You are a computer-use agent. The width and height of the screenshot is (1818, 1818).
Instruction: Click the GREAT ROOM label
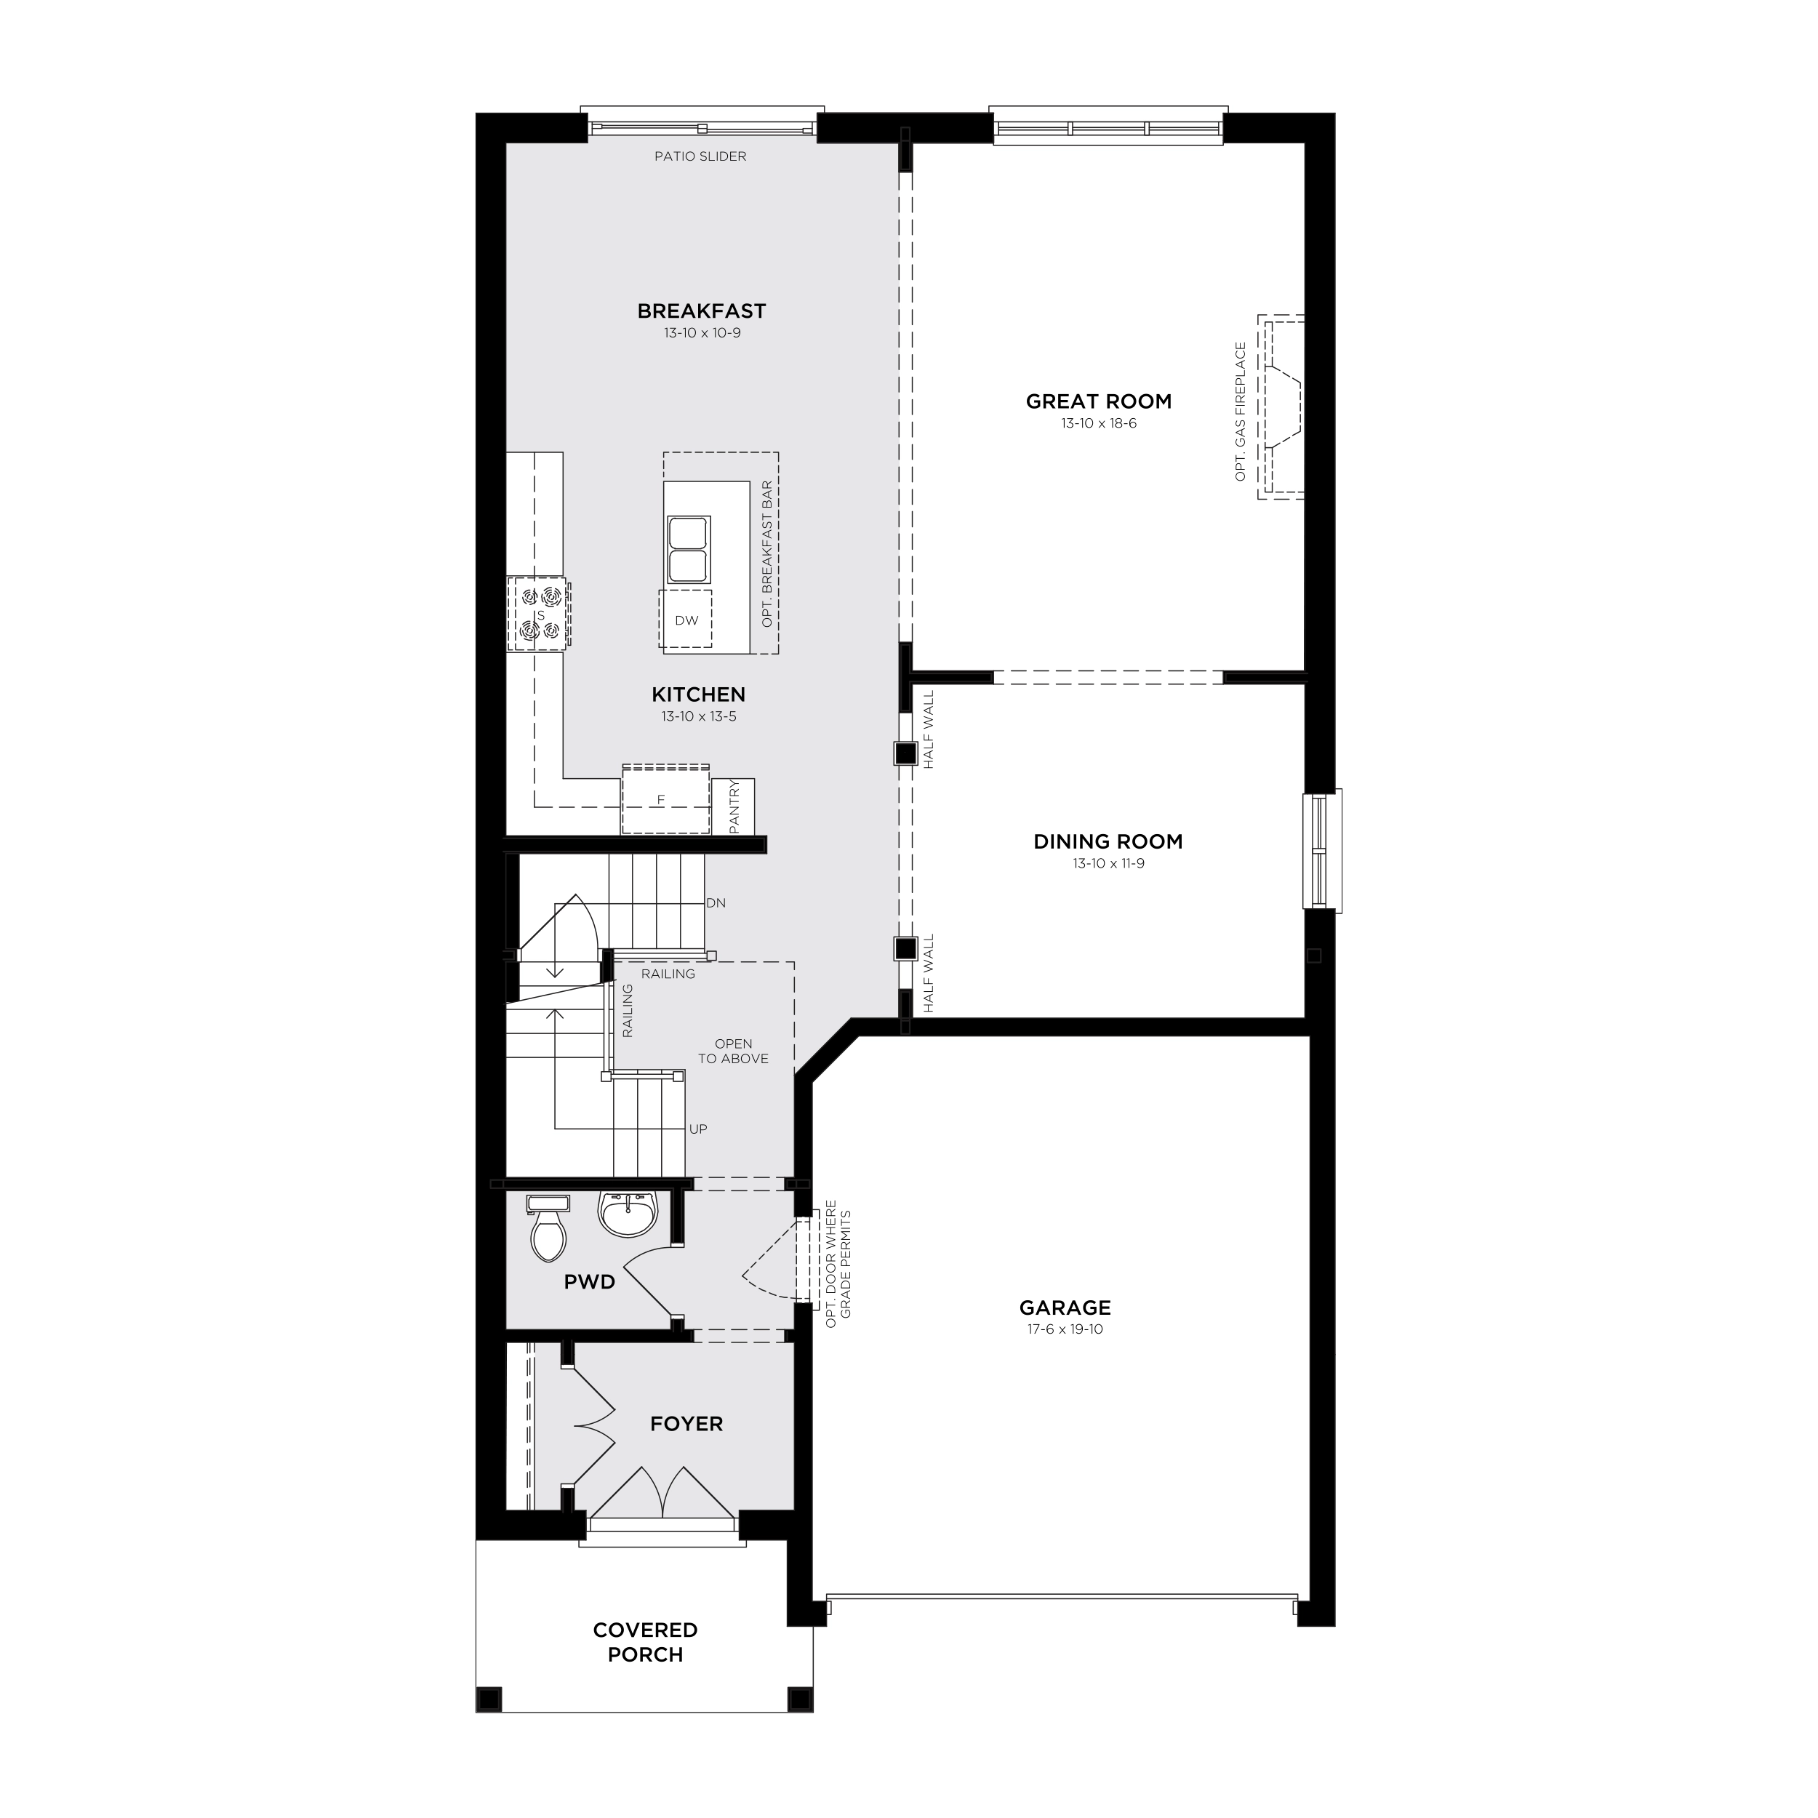click(x=1098, y=402)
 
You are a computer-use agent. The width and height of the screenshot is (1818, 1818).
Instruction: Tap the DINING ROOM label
click(x=1108, y=842)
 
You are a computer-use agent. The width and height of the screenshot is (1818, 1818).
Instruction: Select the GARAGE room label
click(x=1065, y=1308)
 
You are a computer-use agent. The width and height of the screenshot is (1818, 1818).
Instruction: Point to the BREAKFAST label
click(x=701, y=311)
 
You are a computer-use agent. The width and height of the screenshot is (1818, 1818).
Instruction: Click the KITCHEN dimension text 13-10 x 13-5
click(x=698, y=717)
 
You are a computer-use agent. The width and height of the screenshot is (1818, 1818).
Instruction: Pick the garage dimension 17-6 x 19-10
click(x=1065, y=1329)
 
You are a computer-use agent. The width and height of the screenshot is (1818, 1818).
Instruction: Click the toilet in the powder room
click(x=548, y=1228)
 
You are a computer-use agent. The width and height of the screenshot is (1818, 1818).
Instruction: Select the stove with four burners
click(x=539, y=614)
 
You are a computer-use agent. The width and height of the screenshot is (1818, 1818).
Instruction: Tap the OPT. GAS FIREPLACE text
click(x=1240, y=412)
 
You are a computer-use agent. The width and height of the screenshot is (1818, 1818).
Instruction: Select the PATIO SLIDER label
click(x=700, y=156)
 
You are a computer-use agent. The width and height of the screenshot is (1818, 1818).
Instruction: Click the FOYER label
click(x=687, y=1425)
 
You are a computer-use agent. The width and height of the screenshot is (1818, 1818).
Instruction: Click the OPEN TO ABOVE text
click(x=733, y=1051)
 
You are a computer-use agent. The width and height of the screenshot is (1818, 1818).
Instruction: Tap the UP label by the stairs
click(x=698, y=1129)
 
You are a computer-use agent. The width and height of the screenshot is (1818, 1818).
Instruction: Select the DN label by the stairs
click(x=716, y=903)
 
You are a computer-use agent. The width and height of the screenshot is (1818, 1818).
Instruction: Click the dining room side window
click(x=1322, y=851)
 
